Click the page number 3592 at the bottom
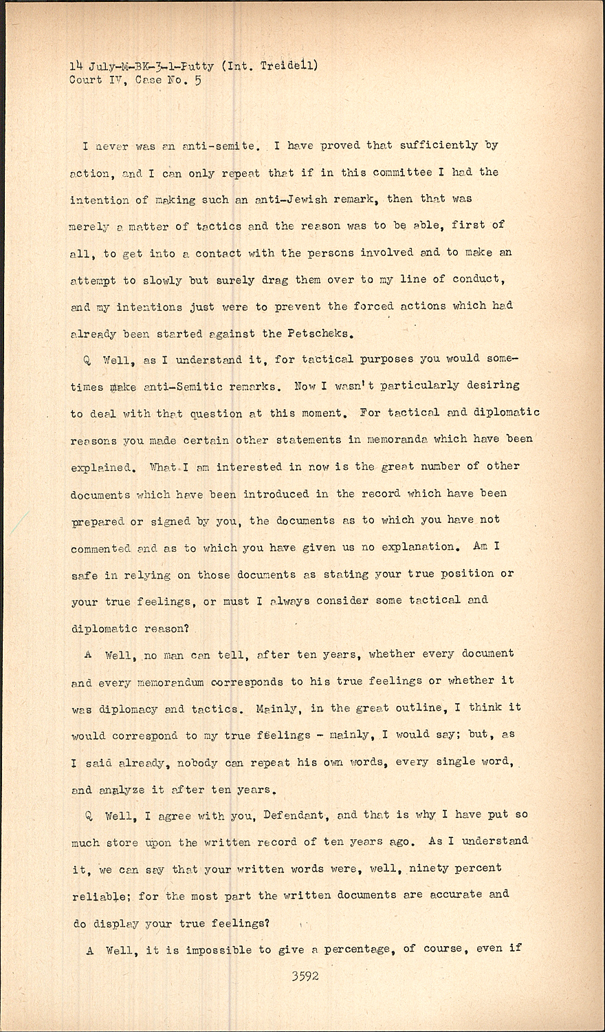[x=305, y=976]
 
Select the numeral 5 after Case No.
[x=198, y=80]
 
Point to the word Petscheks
[x=318, y=334]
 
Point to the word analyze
[x=122, y=790]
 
